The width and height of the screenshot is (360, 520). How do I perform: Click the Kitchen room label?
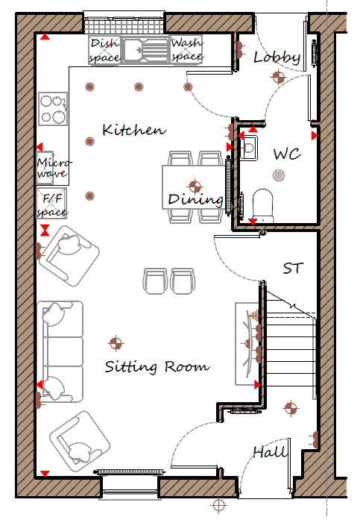134,130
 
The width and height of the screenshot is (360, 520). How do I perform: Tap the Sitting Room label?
157,366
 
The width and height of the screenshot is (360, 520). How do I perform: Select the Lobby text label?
277,57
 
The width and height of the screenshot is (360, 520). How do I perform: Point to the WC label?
287,154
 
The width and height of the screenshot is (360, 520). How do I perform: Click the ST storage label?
293,268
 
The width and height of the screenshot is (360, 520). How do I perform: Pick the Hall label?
269,451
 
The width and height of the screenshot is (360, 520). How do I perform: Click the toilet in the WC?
263,206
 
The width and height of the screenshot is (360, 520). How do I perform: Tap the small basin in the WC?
249,148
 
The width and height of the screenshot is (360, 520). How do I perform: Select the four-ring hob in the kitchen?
53,109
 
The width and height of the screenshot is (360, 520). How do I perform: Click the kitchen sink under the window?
145,50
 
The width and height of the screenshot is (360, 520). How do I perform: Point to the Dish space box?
104,50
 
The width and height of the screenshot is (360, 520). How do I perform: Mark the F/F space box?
51,203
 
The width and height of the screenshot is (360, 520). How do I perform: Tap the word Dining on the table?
195,200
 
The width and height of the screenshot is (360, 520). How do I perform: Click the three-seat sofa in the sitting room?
60,351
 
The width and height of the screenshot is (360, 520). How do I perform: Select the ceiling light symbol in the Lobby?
278,78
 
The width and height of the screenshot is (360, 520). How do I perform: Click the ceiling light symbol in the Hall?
291,408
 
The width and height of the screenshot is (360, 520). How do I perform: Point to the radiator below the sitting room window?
129,472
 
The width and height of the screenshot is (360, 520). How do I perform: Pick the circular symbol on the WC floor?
279,175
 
